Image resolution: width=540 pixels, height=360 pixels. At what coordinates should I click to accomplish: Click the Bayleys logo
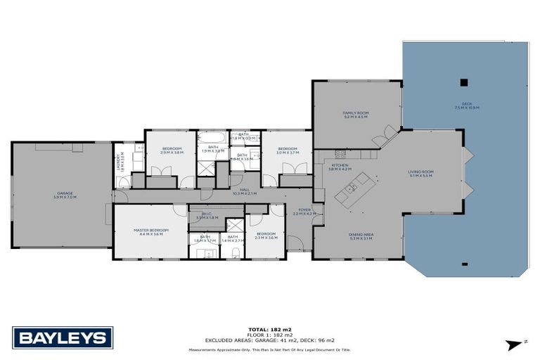click(x=63, y=337)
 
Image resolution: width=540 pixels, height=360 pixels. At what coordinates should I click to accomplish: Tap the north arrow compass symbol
click(x=517, y=343)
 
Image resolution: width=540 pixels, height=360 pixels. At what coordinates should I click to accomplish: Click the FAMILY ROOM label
click(x=356, y=115)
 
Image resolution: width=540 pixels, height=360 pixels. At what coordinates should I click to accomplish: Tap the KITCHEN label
click(x=340, y=167)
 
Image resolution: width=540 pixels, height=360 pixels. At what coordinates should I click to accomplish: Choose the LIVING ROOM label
click(x=420, y=173)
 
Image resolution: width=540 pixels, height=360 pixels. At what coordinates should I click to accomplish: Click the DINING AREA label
click(x=359, y=237)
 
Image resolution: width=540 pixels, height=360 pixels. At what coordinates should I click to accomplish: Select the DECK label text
click(x=466, y=105)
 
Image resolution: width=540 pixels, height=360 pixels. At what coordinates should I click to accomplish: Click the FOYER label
click(x=304, y=210)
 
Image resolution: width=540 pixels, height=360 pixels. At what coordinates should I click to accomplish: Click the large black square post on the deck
click(x=463, y=82)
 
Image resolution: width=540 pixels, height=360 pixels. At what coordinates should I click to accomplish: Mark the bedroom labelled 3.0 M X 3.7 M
click(x=287, y=150)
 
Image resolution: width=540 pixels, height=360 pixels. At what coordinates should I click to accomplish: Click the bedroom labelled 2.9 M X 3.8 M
click(x=172, y=150)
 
